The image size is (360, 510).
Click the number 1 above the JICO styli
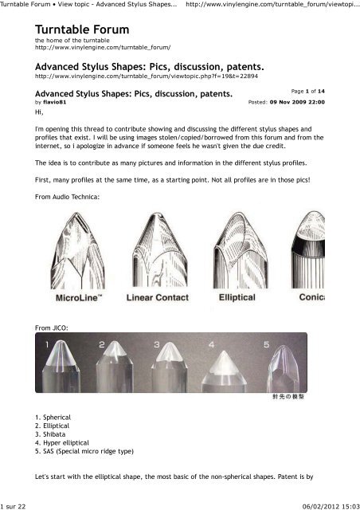pos(47,344)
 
